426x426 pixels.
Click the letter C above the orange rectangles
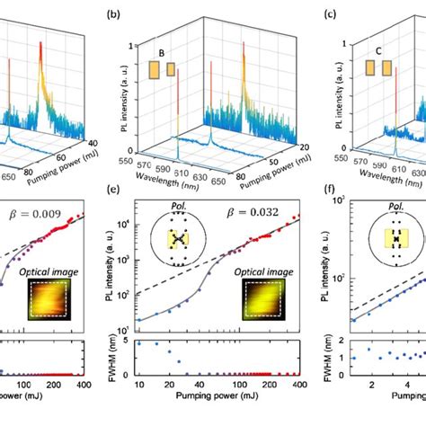tap(377, 51)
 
